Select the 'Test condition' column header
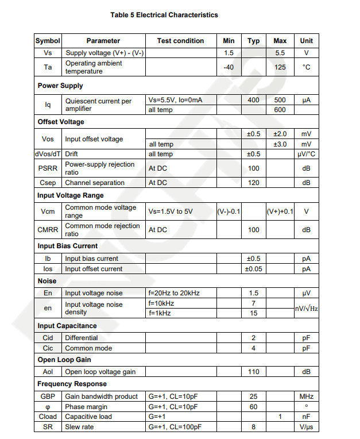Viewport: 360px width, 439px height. coord(180,41)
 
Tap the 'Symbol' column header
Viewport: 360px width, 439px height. coord(48,41)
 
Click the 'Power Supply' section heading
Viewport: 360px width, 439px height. coord(60,86)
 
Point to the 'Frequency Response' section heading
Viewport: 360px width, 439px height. coord(72,384)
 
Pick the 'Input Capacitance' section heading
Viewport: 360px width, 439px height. coord(67,326)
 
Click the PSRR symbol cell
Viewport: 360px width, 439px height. coord(48,168)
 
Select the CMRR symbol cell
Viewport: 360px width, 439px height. coord(48,230)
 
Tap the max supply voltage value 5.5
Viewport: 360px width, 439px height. coord(280,53)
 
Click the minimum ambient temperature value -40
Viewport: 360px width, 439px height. coord(229,67)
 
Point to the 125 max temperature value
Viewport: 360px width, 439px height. coord(280,67)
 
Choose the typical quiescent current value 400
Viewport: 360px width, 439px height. coord(253,100)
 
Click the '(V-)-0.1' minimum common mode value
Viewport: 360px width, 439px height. coord(229,211)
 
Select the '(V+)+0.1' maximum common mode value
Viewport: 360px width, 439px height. coord(280,211)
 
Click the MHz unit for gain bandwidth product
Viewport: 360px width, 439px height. coord(306,396)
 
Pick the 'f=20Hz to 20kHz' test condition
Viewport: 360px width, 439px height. coord(174,293)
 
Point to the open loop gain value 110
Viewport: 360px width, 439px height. coord(253,372)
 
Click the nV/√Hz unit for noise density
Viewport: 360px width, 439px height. coord(306,308)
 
